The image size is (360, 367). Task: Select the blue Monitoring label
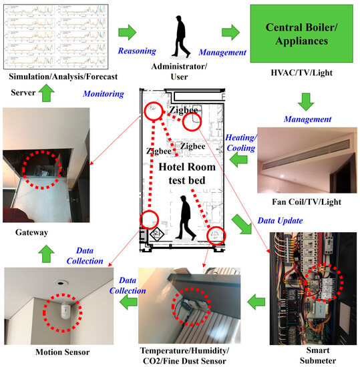point(103,95)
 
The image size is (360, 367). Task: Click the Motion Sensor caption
point(42,351)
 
